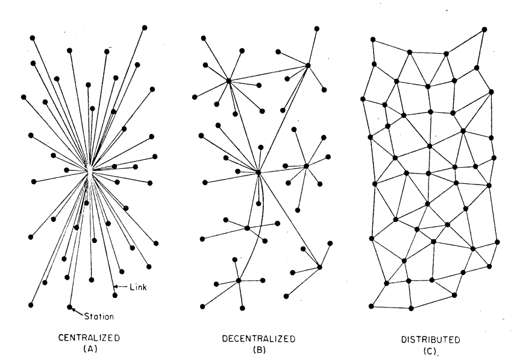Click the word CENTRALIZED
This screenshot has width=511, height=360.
[x=89, y=338]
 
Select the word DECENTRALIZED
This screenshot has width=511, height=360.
[x=259, y=339]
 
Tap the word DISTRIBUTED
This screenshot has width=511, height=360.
[x=430, y=339]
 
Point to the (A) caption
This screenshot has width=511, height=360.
[x=90, y=349]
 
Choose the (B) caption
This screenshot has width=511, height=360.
[x=259, y=350]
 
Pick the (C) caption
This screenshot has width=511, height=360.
[x=430, y=351]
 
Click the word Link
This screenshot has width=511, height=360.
[x=138, y=287]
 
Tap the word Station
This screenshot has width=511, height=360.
[x=99, y=317]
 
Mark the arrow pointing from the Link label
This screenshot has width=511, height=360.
[x=121, y=287]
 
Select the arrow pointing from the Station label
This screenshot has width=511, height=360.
[x=78, y=311]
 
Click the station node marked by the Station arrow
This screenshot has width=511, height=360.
[x=69, y=307]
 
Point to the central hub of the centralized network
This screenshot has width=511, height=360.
[x=89, y=170]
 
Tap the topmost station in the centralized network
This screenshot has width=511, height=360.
[x=145, y=28]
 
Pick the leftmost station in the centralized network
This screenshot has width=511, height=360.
[x=24, y=97]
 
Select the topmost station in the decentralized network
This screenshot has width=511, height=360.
[x=316, y=29]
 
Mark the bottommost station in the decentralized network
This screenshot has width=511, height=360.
[x=242, y=308]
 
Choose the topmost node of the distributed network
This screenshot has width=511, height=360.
[x=484, y=30]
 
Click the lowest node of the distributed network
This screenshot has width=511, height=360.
[x=411, y=308]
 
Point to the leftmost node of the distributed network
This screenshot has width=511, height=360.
[x=363, y=99]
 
